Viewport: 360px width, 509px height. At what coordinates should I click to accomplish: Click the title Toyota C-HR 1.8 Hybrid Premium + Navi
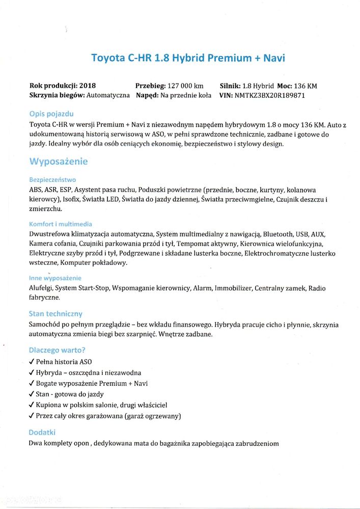click(x=188, y=58)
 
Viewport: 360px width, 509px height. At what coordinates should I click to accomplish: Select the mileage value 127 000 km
click(x=185, y=86)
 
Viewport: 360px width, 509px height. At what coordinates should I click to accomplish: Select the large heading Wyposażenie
click(x=58, y=162)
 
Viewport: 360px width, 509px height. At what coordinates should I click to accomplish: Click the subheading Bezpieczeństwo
click(x=52, y=180)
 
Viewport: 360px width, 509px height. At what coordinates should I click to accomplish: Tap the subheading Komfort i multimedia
click(x=61, y=224)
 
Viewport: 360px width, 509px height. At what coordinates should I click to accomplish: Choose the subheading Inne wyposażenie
click(x=55, y=278)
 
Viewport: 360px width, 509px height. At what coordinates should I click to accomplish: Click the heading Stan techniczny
click(x=56, y=313)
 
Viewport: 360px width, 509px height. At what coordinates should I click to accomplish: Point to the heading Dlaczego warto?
click(x=57, y=350)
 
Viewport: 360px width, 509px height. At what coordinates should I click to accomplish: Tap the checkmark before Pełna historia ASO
click(x=32, y=362)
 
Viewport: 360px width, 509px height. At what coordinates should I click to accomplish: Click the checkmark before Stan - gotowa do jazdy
click(x=32, y=394)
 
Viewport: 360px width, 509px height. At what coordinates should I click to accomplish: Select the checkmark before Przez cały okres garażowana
click(x=32, y=416)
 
